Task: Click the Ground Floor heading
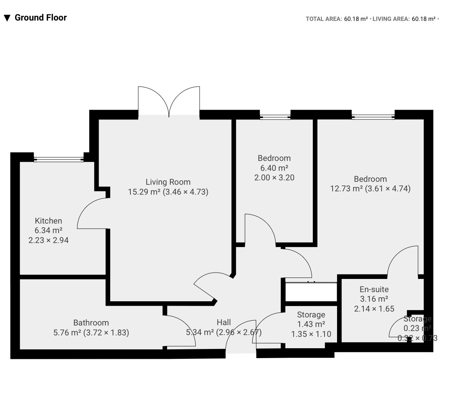point(41,18)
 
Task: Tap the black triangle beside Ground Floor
point(7,18)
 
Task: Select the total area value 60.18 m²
point(356,19)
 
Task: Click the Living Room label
point(168,182)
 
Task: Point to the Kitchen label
point(48,221)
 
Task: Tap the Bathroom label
point(91,323)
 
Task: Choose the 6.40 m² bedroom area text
point(274,168)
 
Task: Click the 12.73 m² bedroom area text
point(346,188)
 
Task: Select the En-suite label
point(374,289)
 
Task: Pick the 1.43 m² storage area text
point(311,324)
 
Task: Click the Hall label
point(224,323)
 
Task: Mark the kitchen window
point(59,159)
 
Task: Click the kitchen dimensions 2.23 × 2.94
point(48,240)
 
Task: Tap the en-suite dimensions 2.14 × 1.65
point(374,309)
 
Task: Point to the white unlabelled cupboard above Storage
point(311,292)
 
